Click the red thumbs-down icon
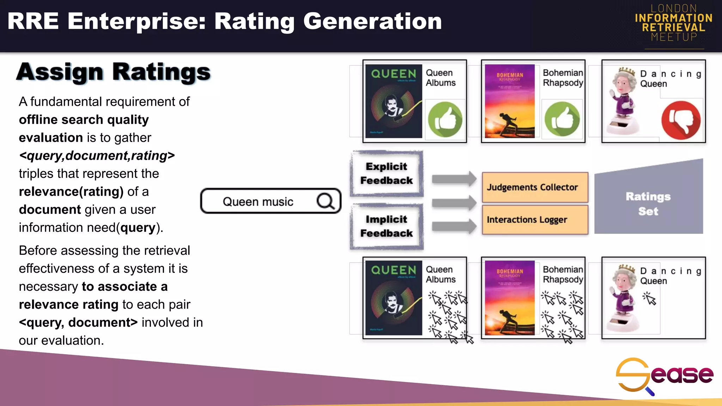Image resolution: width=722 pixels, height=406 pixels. (681, 120)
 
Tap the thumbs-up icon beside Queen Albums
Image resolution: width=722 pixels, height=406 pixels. (445, 119)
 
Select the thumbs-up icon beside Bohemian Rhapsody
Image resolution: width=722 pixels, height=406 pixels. (562, 119)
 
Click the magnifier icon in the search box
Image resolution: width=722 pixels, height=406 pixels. (325, 201)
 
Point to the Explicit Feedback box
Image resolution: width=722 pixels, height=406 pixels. (387, 173)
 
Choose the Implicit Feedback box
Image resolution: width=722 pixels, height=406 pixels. (387, 226)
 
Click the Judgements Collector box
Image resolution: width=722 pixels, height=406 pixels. (535, 187)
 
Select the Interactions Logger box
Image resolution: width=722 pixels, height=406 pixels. (535, 220)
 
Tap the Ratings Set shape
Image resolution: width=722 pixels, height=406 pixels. (648, 203)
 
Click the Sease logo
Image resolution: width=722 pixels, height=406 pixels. (664, 376)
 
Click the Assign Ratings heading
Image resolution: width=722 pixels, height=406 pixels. (113, 72)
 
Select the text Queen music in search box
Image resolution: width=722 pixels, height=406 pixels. (258, 202)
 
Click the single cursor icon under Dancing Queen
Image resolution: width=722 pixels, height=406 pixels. (649, 299)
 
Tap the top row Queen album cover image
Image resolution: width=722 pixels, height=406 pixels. (393, 101)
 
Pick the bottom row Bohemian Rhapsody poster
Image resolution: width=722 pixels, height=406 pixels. (510, 298)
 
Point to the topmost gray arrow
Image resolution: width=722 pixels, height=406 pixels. (454, 179)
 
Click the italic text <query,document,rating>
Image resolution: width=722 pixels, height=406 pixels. (97, 155)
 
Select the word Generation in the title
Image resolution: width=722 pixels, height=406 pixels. (372, 21)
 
